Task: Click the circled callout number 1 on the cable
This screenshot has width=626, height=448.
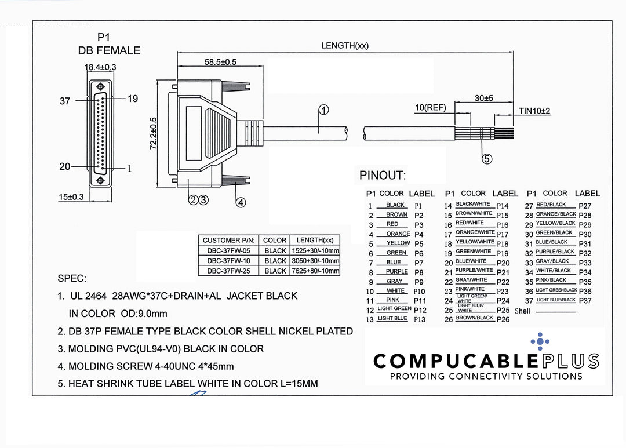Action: click(x=323, y=110)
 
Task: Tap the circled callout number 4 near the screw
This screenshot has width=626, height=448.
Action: click(x=241, y=202)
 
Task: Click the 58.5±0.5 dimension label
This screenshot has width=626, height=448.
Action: click(x=220, y=63)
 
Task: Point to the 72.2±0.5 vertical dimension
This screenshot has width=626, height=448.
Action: click(x=154, y=133)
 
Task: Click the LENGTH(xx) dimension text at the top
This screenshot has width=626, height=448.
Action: click(x=345, y=46)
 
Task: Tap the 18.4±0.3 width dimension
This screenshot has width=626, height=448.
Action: click(x=100, y=67)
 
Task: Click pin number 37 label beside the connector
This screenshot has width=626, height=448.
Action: click(x=65, y=101)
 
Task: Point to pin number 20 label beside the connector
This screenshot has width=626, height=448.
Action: click(x=65, y=166)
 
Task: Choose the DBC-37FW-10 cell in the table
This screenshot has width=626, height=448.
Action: click(x=228, y=261)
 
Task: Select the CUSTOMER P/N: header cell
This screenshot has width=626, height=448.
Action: click(x=228, y=240)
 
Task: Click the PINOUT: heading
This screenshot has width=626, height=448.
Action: click(x=383, y=175)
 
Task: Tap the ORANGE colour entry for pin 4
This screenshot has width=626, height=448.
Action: click(x=398, y=234)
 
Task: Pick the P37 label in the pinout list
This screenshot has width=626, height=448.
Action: click(x=585, y=300)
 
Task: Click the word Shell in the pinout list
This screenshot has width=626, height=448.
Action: click(x=522, y=311)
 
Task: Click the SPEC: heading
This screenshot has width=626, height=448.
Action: click(x=72, y=279)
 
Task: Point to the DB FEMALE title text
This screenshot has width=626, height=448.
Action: click(x=109, y=51)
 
